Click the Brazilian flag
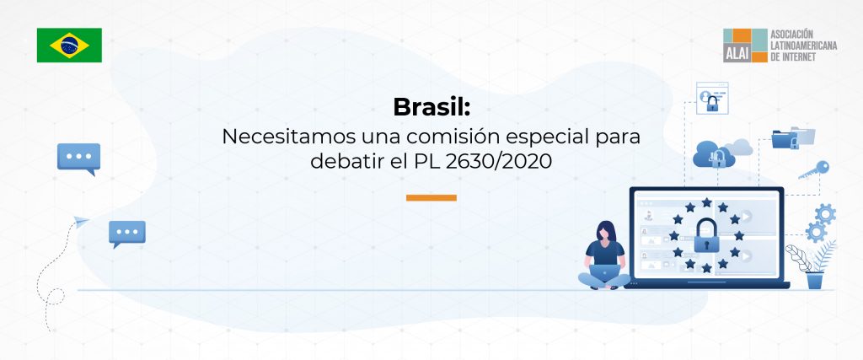(x=69, y=46)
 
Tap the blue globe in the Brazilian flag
(x=69, y=46)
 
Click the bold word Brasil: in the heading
(x=432, y=107)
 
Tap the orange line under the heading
(x=431, y=197)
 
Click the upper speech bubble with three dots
(x=78, y=158)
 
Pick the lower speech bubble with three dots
(x=127, y=234)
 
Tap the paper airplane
(x=81, y=222)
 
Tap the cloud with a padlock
(x=715, y=154)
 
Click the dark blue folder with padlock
(x=785, y=139)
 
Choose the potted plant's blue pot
(x=815, y=280)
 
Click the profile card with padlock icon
(x=712, y=98)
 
